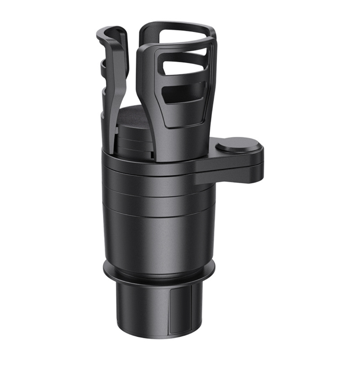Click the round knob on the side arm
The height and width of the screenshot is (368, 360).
click(x=238, y=146)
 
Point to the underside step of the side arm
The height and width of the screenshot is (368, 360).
click(x=230, y=180)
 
